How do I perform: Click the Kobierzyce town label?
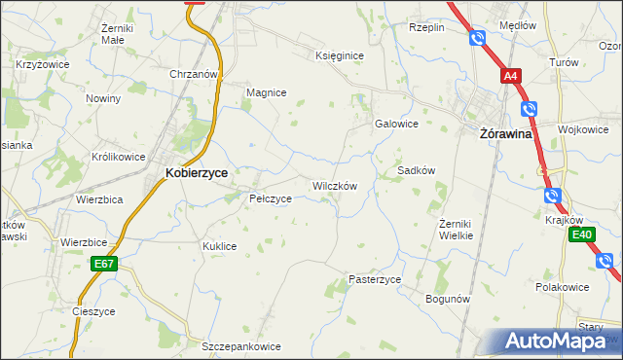tap(196, 172)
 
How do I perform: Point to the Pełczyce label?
tap(270, 198)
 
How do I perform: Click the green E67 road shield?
tap(105, 264)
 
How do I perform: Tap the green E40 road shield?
tap(582, 234)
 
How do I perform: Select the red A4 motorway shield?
tap(511, 75)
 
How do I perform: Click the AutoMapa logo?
tap(562, 341)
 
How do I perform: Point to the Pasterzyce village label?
tap(375, 279)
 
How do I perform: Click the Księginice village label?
tap(339, 55)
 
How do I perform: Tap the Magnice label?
tap(266, 92)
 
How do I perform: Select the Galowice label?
tap(396, 124)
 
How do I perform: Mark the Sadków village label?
tap(416, 170)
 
